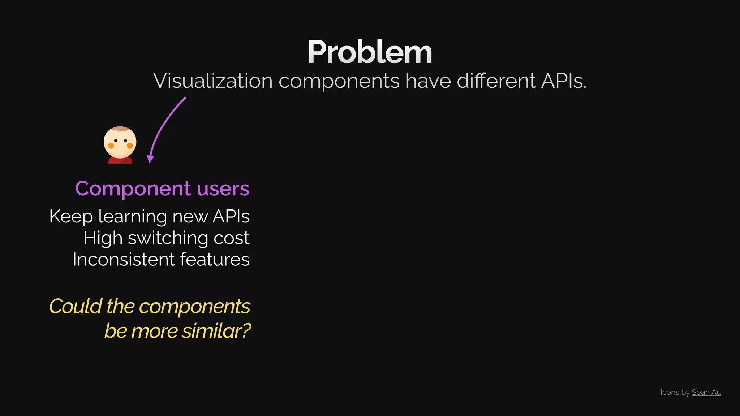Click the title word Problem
click(x=370, y=52)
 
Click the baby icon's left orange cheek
click(x=111, y=146)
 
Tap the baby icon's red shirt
click(x=120, y=160)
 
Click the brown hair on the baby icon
click(x=121, y=129)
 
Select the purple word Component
click(x=133, y=188)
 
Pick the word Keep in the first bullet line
click(x=71, y=216)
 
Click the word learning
click(x=133, y=216)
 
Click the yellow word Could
click(x=76, y=306)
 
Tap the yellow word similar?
click(x=216, y=331)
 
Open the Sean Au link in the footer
click(x=706, y=392)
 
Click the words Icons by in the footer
click(x=675, y=392)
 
